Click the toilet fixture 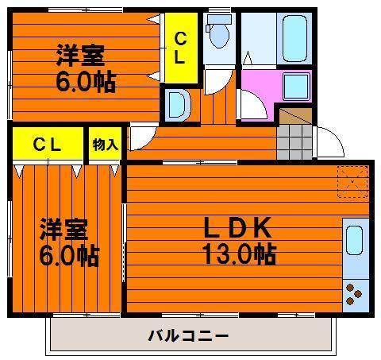[x=218, y=31]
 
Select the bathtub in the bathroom [x=294, y=38]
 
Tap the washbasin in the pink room [x=296, y=87]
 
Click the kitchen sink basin [x=354, y=240]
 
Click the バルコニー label [x=188, y=336]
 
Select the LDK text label [x=237, y=227]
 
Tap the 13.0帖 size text [x=239, y=254]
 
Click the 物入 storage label [x=105, y=145]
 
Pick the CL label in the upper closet [x=180, y=48]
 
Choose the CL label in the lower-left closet [x=48, y=145]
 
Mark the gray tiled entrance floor [x=294, y=142]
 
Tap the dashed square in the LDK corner [x=352, y=182]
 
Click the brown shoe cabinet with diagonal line [x=296, y=116]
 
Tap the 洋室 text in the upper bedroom [x=81, y=56]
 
